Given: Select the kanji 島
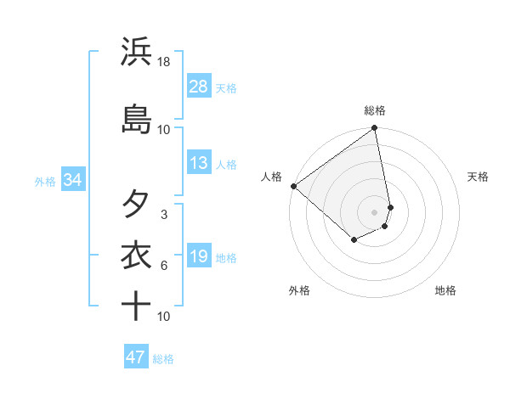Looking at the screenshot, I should (136, 119).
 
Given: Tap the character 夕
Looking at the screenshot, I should (136, 204).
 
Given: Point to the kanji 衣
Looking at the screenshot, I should (136, 256).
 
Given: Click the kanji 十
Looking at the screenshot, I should (136, 306).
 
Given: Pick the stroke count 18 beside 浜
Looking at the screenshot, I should (164, 62).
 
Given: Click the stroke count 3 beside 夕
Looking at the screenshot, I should (164, 215).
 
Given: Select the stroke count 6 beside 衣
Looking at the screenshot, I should (164, 266).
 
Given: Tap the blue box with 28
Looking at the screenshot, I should (199, 87).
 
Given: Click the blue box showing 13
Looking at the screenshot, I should (199, 163).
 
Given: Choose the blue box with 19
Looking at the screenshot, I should (199, 256).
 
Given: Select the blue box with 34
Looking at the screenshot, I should (72, 180).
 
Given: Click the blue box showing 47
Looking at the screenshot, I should (136, 357).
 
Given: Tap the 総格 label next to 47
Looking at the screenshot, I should (163, 359).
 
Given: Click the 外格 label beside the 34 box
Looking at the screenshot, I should (45, 181).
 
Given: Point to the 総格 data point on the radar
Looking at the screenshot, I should (374, 129).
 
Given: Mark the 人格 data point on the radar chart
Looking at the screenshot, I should (292, 186).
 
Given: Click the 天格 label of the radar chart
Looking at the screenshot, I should (478, 177).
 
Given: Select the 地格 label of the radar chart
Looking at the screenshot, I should (445, 290).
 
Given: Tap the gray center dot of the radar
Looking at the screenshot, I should (374, 211).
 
